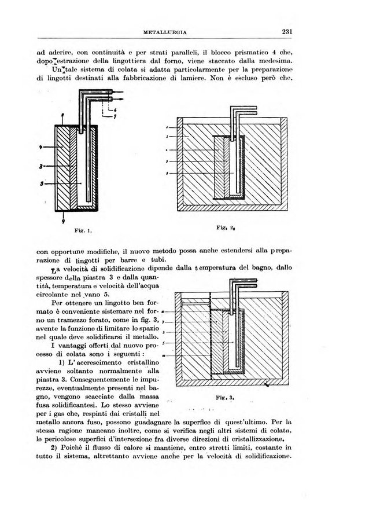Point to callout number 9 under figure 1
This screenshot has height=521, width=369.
[63, 221]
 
